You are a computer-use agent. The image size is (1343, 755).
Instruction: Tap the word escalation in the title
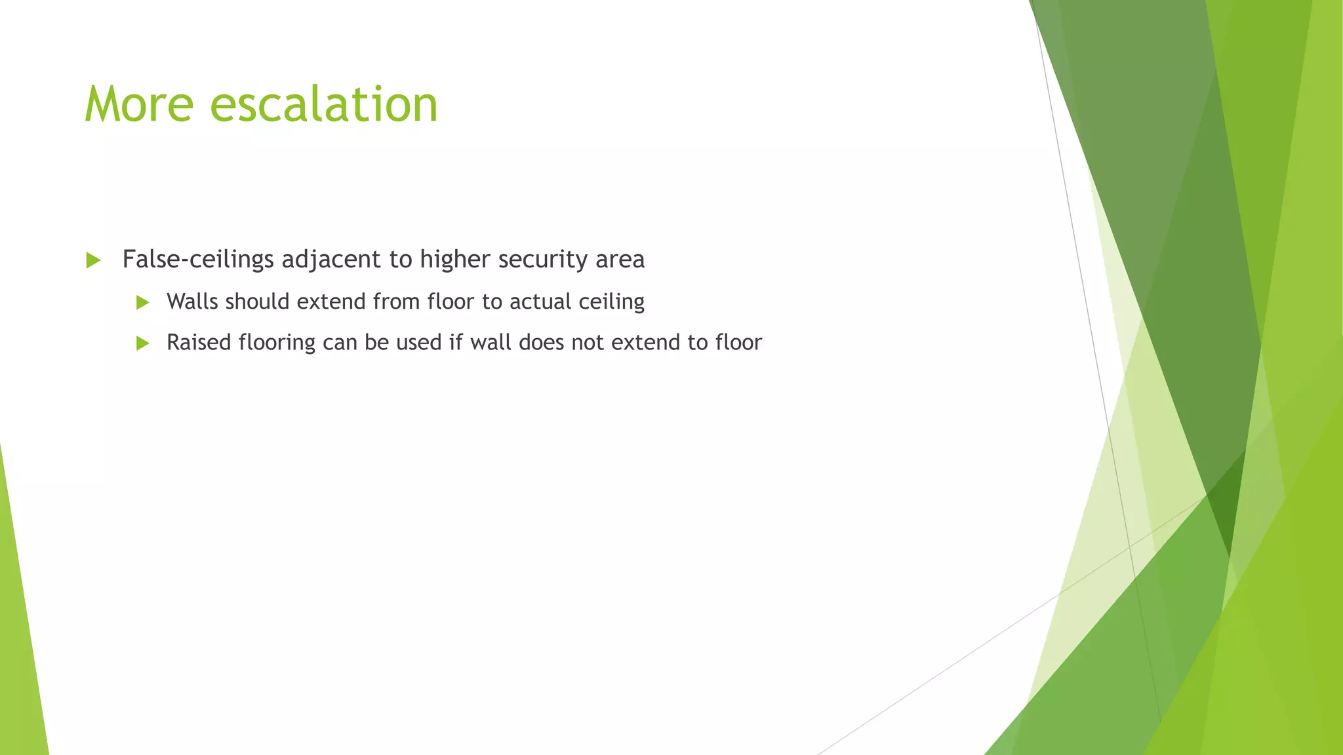[x=323, y=105]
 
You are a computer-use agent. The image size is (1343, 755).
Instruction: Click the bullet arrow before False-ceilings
[x=93, y=261]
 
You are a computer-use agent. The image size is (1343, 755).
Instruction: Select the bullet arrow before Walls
[x=142, y=303]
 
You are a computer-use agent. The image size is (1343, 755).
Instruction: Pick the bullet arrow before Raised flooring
[x=142, y=343]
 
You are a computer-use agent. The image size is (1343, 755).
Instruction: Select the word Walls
[x=192, y=301]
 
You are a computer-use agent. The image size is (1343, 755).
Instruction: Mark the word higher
[x=454, y=260]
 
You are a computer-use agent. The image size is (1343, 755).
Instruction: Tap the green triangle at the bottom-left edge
[x=20, y=655]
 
